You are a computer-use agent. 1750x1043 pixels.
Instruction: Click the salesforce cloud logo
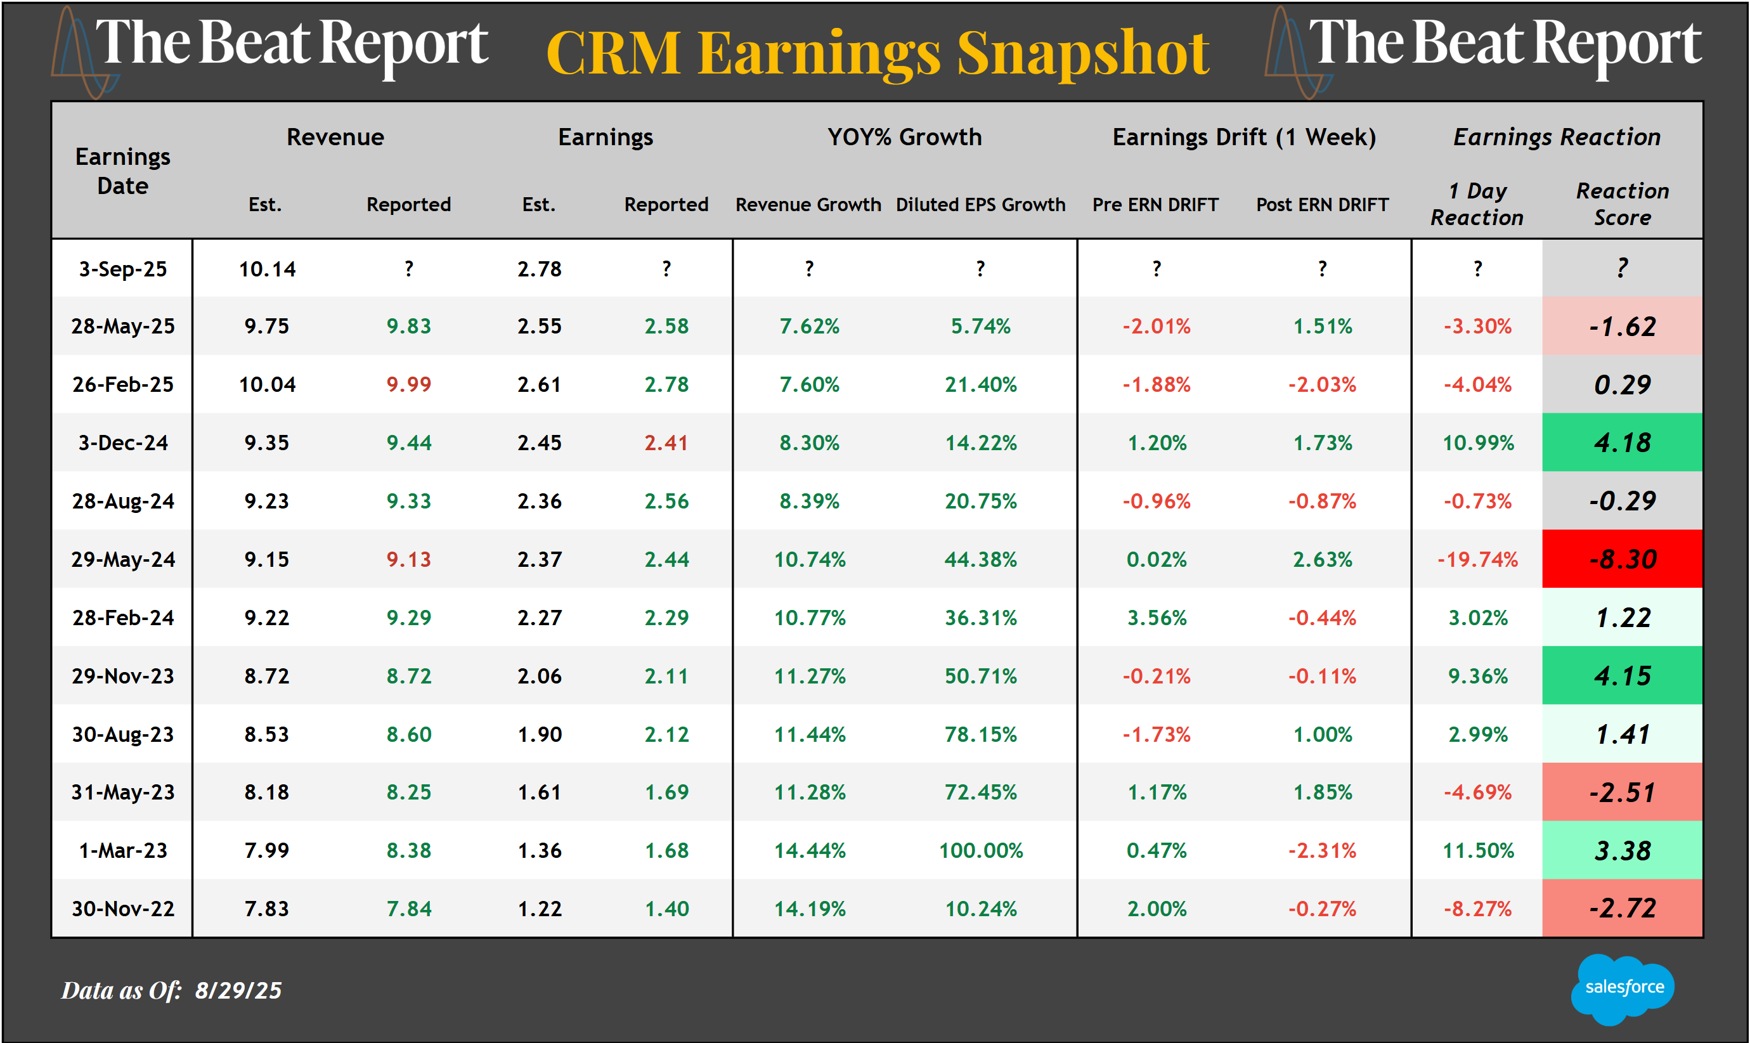[1623, 987]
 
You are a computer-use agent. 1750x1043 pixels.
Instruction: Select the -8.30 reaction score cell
[1622, 559]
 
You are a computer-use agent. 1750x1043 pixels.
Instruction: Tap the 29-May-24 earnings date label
[123, 559]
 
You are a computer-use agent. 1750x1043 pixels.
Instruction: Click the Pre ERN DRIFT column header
[1155, 205]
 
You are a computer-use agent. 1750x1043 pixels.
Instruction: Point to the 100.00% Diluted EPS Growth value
[980, 850]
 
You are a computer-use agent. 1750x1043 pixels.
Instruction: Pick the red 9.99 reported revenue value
[408, 384]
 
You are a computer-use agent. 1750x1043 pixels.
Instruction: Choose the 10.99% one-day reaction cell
[1477, 443]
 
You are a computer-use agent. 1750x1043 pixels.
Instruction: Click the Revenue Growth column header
[808, 205]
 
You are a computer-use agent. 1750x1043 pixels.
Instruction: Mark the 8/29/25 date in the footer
[238, 990]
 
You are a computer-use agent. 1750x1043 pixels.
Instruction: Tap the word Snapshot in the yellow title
[1082, 53]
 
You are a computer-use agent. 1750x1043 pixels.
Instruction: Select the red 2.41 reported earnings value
[666, 443]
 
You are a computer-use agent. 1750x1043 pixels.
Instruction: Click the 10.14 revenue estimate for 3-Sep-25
[267, 269]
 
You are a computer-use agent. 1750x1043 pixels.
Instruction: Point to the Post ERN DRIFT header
[1322, 205]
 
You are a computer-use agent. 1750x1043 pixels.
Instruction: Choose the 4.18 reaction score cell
[1622, 443]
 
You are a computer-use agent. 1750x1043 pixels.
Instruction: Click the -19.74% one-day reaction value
[1477, 559]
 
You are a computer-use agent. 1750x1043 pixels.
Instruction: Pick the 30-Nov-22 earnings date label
[123, 909]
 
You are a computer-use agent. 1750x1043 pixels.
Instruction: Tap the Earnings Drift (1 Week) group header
[1244, 137]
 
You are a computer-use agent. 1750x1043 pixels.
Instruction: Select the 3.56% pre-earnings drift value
[1156, 618]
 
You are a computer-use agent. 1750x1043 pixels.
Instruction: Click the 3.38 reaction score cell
[1622, 850]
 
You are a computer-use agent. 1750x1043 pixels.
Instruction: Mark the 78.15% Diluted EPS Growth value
[980, 734]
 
